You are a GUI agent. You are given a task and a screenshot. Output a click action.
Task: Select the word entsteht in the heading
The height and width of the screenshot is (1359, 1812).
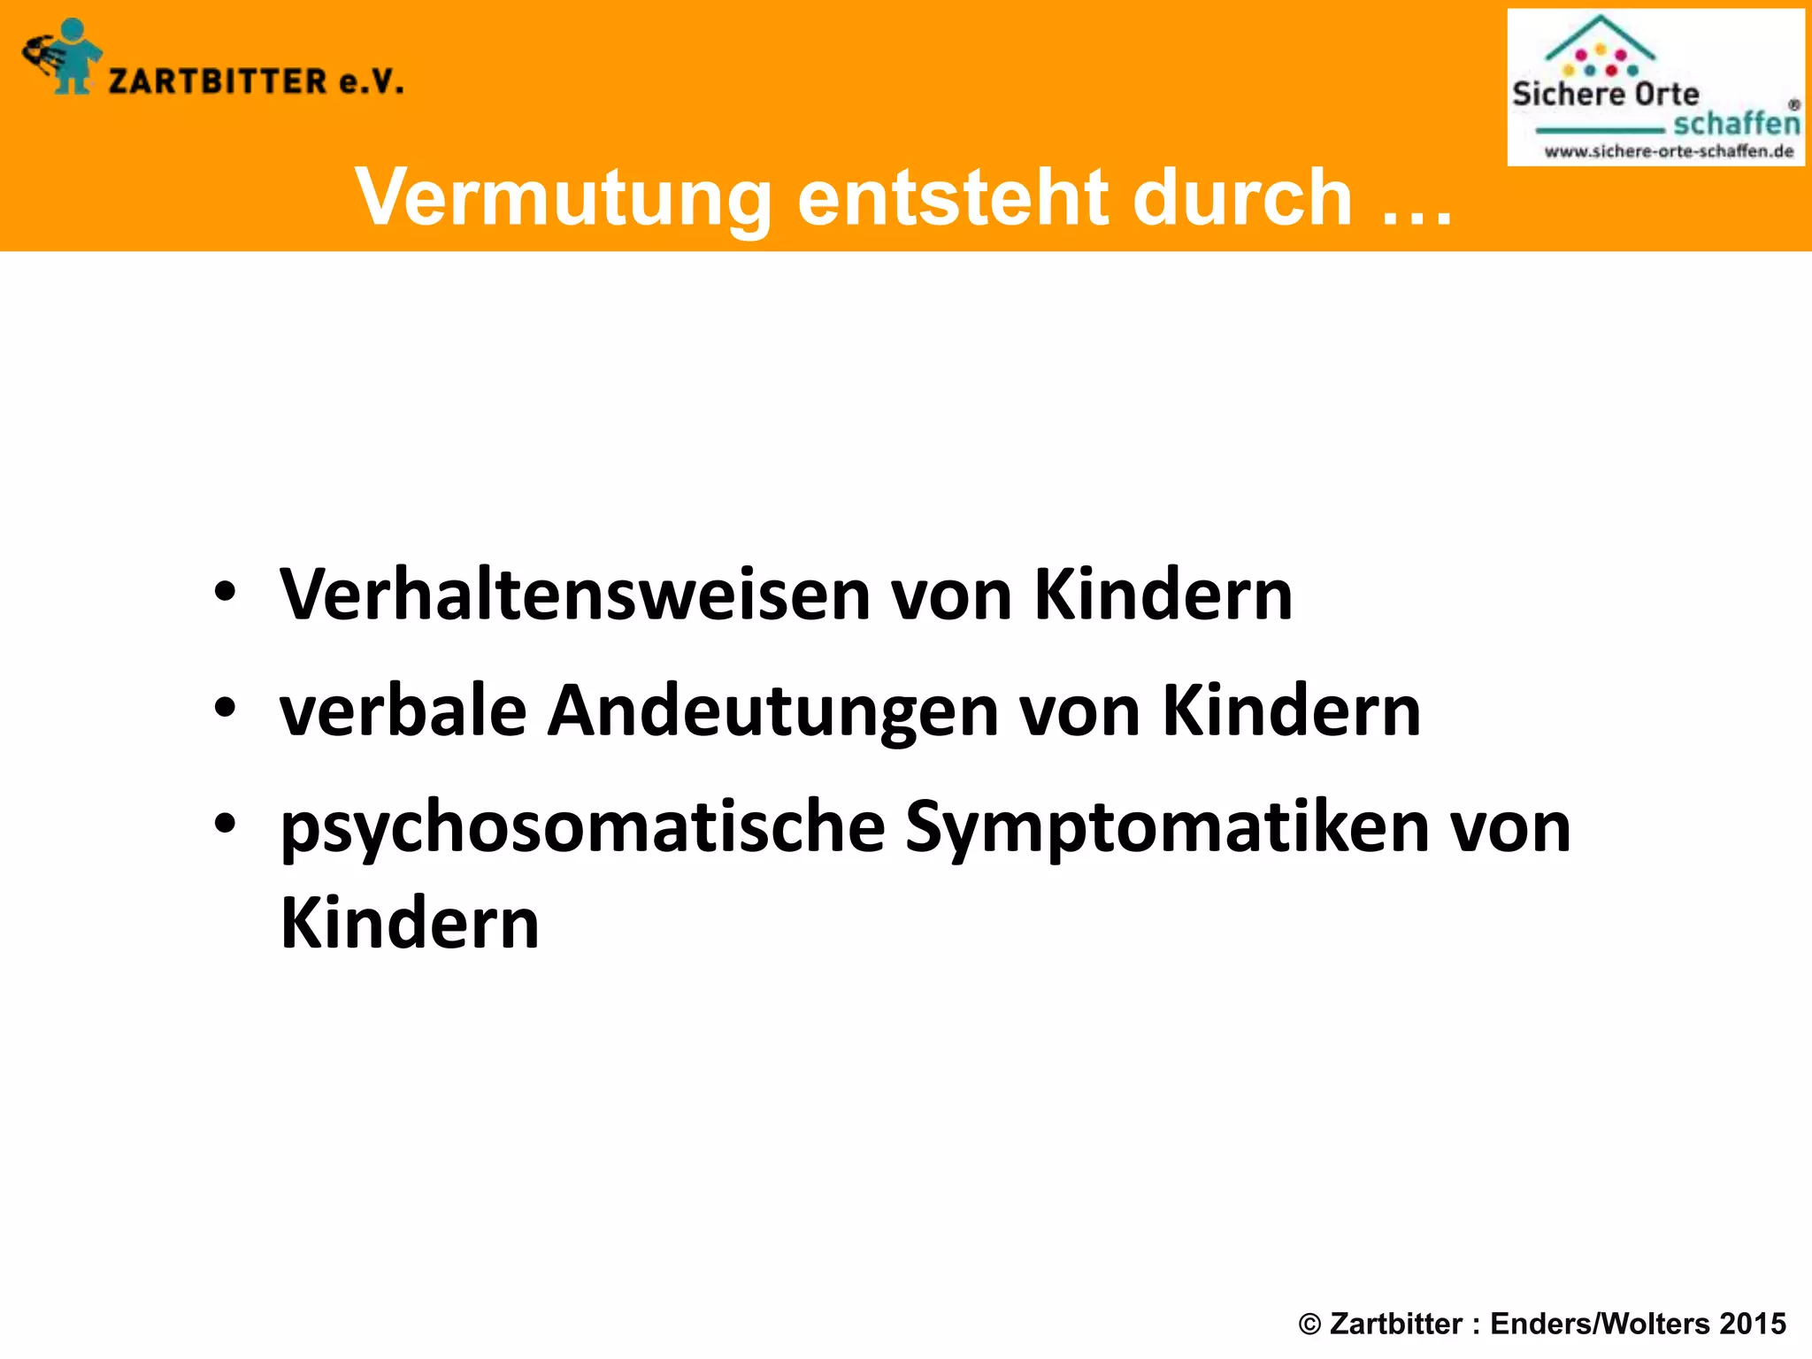click(952, 196)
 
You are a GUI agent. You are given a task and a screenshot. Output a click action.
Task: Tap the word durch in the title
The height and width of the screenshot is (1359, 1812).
click(1242, 196)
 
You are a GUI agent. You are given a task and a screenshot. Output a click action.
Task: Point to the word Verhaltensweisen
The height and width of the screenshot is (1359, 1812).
click(574, 595)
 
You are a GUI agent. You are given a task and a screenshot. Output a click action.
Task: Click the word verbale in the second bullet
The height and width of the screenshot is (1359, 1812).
click(403, 710)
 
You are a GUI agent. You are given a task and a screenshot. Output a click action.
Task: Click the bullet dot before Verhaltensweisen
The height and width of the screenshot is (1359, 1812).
click(225, 591)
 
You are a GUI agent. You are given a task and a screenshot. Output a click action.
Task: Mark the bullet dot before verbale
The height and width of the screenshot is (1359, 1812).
click(225, 707)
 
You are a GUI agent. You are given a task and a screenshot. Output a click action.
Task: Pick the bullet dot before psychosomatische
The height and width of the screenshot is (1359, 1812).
click(225, 824)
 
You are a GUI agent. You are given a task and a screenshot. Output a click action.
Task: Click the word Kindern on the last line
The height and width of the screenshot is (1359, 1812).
click(410, 923)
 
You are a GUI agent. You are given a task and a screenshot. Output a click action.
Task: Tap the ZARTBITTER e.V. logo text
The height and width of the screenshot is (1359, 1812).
click(256, 81)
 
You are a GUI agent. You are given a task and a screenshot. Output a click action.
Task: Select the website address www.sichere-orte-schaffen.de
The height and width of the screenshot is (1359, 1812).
click(1669, 151)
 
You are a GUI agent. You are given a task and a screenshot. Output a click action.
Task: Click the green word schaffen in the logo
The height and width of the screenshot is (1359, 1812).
click(1736, 123)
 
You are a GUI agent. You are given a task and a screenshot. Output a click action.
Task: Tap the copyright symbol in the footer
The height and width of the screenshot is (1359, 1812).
click(1309, 1324)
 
